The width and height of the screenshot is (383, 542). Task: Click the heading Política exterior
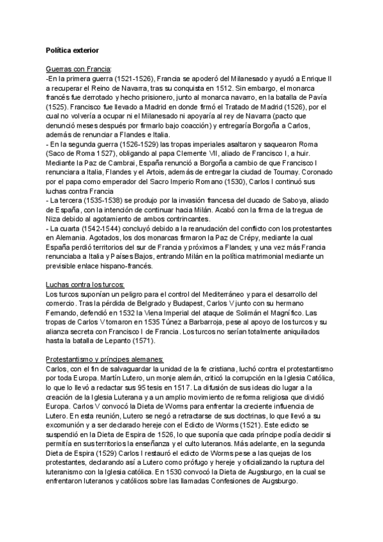point(72,49)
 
